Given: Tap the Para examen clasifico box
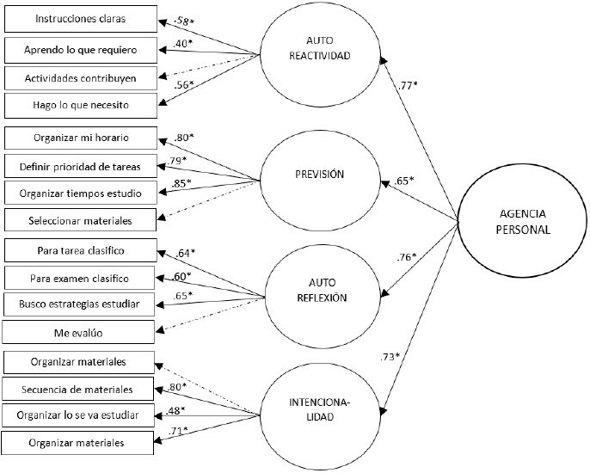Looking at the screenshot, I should [79, 279].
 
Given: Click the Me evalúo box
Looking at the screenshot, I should [79, 332].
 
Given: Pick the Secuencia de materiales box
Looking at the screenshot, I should [79, 390].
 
